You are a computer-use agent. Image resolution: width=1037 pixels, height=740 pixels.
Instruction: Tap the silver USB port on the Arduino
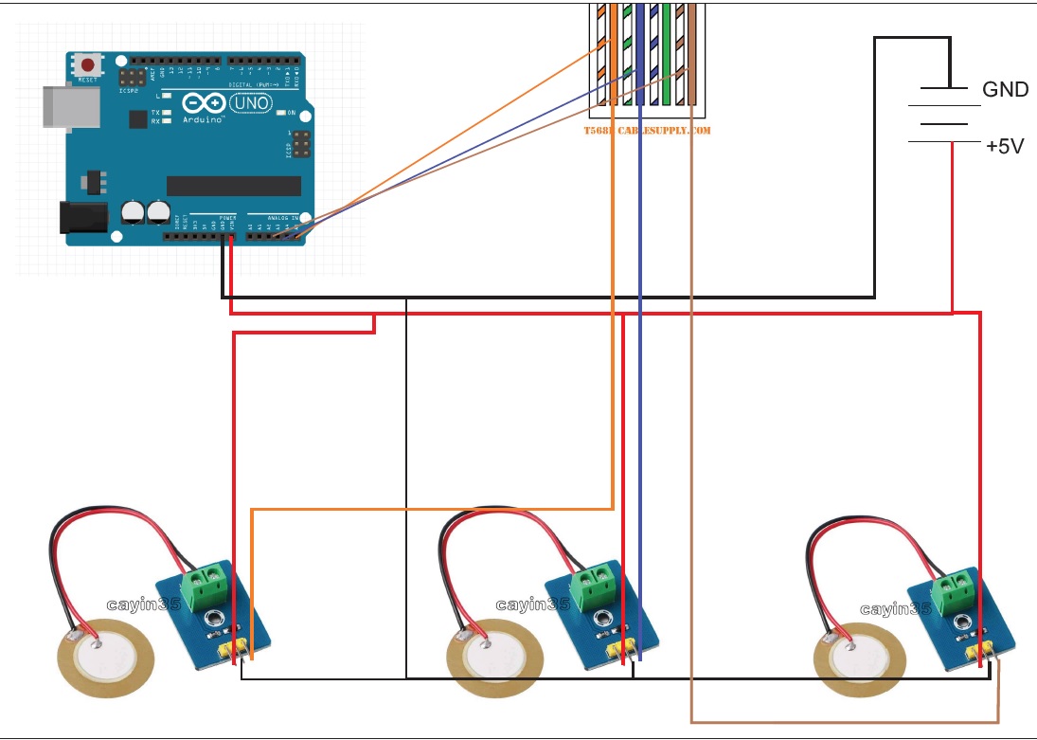pos(71,105)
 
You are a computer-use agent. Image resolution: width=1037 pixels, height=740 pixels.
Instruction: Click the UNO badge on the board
pos(249,102)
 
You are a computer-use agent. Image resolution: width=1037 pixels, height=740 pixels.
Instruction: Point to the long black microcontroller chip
pos(233,186)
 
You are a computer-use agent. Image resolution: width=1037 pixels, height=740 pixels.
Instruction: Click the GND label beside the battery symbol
pos(1005,90)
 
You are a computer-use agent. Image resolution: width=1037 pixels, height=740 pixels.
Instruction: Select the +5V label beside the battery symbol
pos(1004,147)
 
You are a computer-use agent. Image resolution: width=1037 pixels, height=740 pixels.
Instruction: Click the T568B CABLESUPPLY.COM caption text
pos(647,130)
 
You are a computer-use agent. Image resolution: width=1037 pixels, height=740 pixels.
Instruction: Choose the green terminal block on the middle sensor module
pos(596,585)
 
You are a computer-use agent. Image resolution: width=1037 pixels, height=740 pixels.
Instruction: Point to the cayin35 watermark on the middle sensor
pos(532,605)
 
